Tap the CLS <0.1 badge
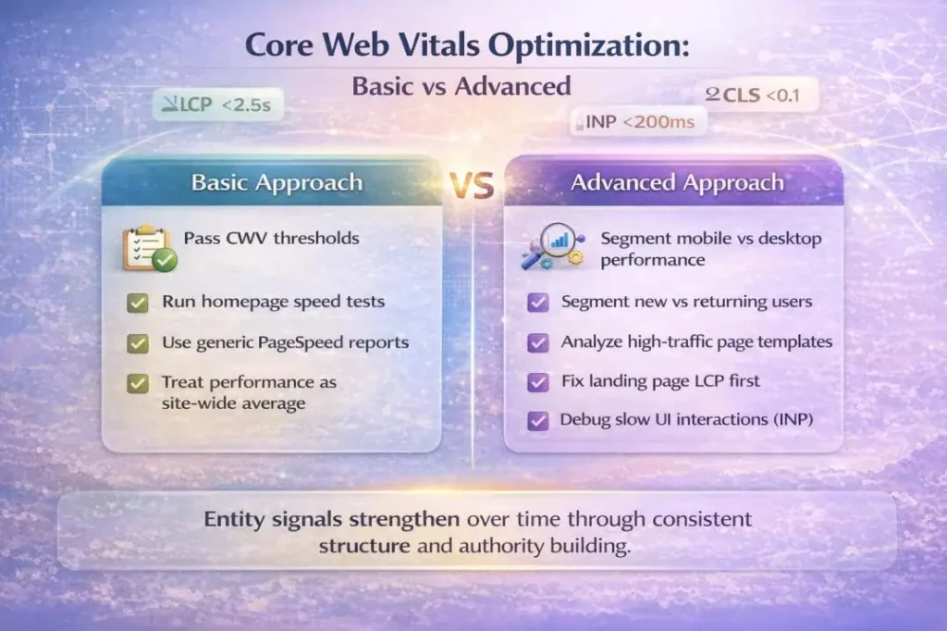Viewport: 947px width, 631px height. [760, 94]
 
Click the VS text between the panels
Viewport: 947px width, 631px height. [472, 184]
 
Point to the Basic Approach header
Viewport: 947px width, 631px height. [277, 182]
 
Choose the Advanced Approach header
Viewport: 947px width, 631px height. [678, 182]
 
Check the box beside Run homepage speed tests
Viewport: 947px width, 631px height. [138, 302]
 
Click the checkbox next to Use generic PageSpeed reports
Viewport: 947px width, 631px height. [138, 342]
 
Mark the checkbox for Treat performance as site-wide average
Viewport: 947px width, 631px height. [138, 382]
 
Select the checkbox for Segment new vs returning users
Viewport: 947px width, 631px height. [536, 303]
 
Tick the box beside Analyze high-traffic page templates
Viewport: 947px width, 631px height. [536, 342]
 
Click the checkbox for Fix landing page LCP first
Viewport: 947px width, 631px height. [536, 381]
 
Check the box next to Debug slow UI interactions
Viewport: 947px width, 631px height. [536, 421]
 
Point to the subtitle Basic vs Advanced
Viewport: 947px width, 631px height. [461, 86]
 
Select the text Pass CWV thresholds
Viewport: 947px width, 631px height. [271, 238]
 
